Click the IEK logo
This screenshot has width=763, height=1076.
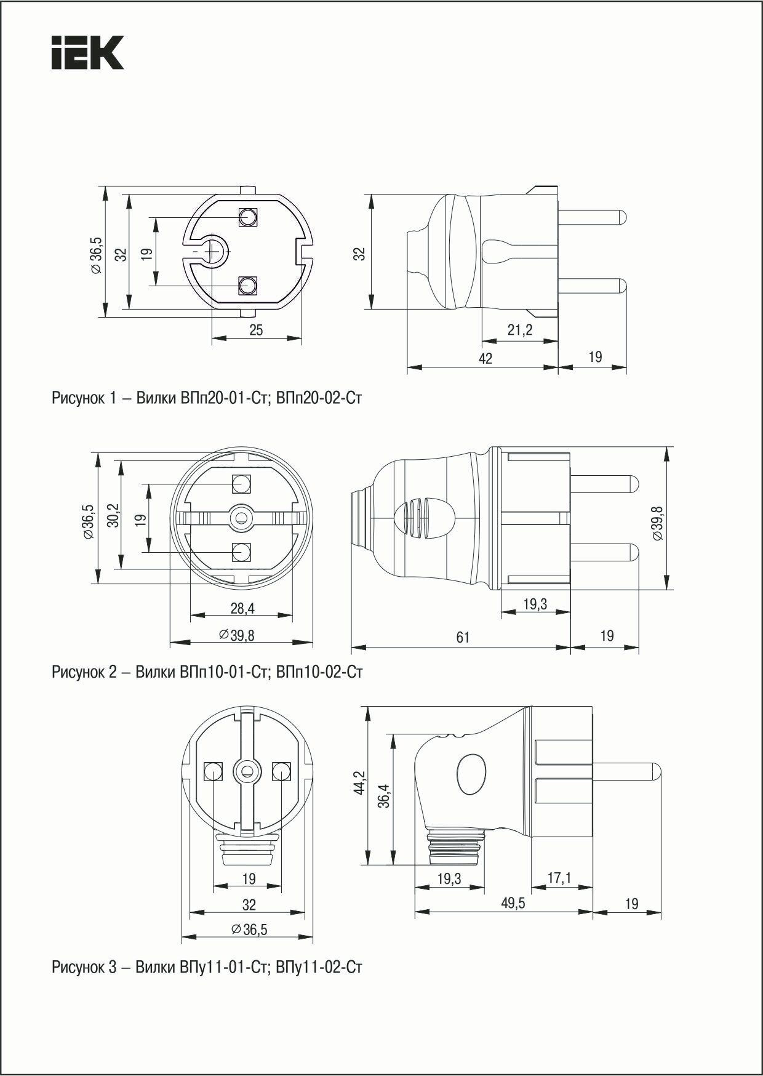[x=87, y=52]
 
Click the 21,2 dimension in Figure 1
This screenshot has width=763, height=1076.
[x=520, y=331]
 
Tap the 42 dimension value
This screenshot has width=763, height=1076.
[x=485, y=358]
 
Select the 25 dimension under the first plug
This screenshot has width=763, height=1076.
[x=256, y=330]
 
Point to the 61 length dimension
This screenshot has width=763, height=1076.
[x=463, y=637]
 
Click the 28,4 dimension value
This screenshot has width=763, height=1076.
[x=242, y=609]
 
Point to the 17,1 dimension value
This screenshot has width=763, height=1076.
[x=559, y=878]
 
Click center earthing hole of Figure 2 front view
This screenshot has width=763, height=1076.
[x=241, y=518]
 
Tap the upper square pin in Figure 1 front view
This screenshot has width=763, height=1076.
[x=248, y=217]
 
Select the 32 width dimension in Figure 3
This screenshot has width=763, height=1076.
[x=249, y=904]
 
